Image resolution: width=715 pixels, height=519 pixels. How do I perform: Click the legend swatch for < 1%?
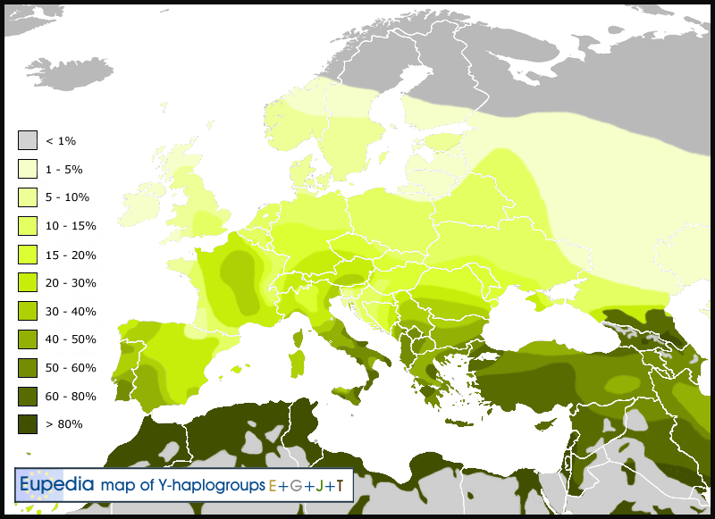[x=27, y=140]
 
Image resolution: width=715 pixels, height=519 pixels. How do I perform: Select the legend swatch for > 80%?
[x=27, y=424]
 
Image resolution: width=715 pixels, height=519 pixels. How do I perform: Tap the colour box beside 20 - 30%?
[x=27, y=282]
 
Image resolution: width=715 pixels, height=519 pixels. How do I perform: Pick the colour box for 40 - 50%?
[x=27, y=339]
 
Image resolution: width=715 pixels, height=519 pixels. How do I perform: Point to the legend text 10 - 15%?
[x=71, y=226]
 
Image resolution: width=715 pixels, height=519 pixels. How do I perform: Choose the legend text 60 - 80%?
[x=71, y=396]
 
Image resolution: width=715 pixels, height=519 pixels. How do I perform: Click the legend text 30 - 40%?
[x=71, y=311]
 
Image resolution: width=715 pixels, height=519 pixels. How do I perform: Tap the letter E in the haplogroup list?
[x=273, y=486]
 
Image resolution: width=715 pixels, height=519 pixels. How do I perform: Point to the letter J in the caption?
[x=319, y=486]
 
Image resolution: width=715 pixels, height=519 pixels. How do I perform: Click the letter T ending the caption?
[x=339, y=486]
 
